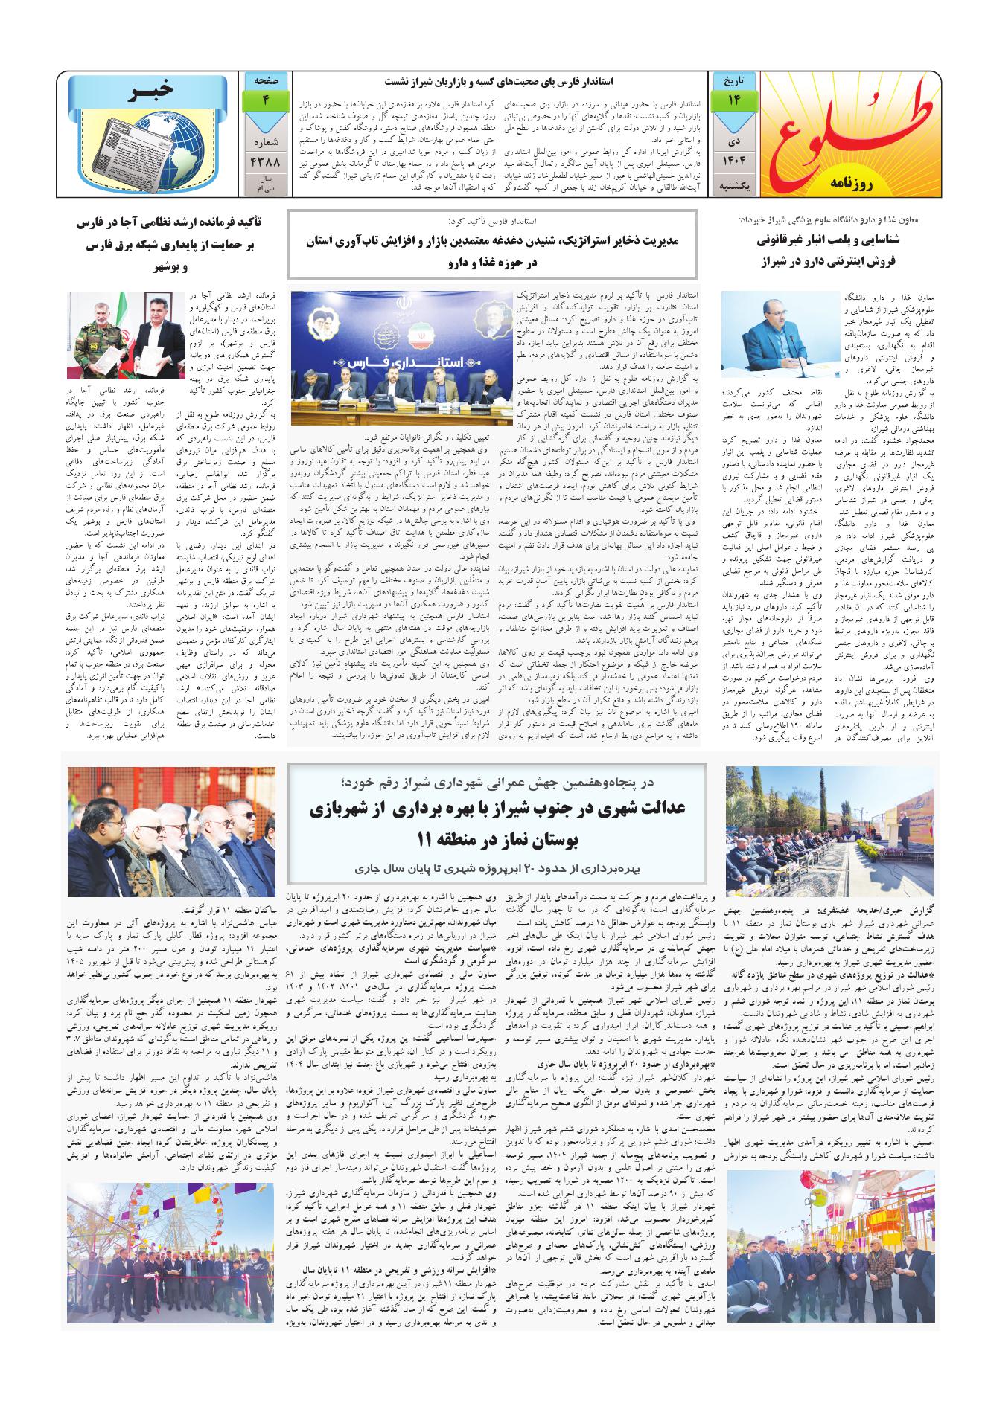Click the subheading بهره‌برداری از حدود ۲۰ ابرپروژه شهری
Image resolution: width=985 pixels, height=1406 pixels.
tap(491, 868)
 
